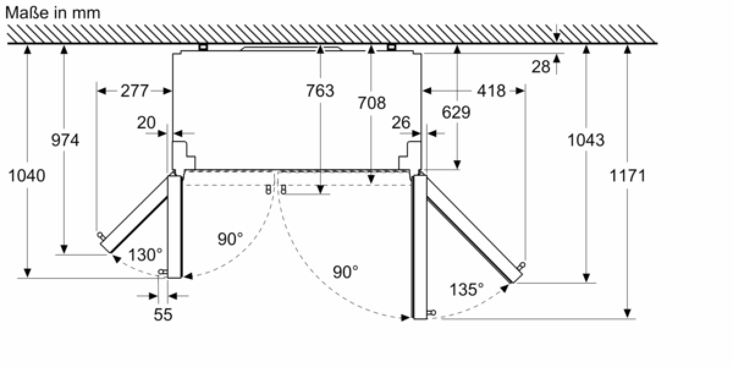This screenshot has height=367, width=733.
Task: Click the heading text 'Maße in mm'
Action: [53, 13]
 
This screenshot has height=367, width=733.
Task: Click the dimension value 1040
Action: [27, 176]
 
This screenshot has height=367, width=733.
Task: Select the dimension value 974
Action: [65, 140]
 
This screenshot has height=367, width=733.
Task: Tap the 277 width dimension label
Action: [134, 91]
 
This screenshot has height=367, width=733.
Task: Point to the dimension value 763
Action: [320, 91]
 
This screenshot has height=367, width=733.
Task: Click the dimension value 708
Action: [371, 103]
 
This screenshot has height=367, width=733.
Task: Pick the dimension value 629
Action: [456, 113]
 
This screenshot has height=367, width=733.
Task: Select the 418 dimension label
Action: [491, 91]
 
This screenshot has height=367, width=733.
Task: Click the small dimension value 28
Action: [541, 67]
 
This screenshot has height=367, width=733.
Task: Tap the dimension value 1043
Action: [586, 140]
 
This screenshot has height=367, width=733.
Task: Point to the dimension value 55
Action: [163, 314]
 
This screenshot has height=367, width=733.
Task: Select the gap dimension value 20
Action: [146, 123]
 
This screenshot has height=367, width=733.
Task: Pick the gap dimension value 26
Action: [401, 123]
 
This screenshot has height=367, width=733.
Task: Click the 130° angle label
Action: [145, 254]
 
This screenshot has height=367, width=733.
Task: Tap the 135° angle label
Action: [467, 289]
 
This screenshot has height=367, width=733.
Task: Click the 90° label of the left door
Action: [230, 239]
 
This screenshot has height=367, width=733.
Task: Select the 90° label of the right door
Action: [346, 272]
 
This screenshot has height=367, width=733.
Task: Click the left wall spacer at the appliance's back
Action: [203, 47]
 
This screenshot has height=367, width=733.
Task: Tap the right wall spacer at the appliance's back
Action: [392, 47]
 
